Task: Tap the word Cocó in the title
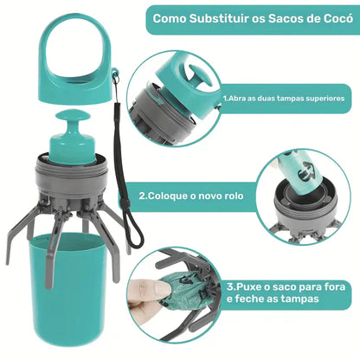click(329, 18)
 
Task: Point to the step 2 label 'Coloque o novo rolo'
click(191, 196)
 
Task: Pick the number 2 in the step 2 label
click(144, 196)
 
